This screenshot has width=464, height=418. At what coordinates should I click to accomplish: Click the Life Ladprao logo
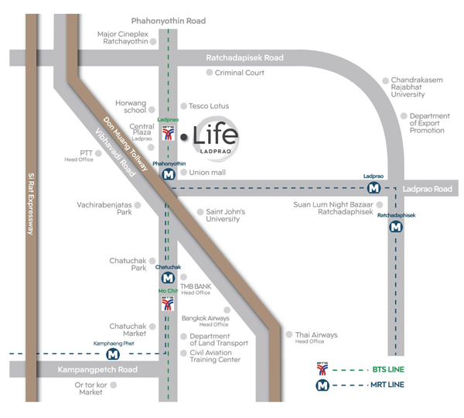216,139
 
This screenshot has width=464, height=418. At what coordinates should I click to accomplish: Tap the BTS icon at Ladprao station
169,132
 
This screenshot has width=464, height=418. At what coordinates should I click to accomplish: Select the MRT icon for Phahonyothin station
169,174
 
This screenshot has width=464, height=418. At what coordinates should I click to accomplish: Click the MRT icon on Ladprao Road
374,188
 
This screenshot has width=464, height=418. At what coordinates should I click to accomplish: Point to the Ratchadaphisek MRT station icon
396,228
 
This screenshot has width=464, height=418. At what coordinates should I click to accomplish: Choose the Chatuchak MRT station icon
168,278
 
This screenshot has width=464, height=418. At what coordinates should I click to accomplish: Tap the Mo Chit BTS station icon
168,303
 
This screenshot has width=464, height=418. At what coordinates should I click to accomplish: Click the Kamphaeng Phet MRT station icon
113,354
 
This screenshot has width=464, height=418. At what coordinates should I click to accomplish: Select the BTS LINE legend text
388,369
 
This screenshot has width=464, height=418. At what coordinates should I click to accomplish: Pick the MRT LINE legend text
387,385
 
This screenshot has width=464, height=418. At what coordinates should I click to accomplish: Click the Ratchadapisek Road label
244,57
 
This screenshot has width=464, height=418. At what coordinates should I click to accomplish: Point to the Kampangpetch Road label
97,369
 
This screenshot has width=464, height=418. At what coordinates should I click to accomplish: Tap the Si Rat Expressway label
31,204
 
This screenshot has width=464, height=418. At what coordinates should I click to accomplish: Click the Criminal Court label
240,73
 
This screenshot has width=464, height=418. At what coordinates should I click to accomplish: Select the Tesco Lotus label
209,106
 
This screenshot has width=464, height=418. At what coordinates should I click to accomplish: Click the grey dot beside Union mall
184,172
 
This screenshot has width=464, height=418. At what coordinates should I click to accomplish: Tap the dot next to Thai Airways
289,334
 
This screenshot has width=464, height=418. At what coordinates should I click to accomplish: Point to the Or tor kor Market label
90,389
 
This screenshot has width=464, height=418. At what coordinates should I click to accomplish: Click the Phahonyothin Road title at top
169,21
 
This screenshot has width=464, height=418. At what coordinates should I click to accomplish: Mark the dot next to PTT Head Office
98,153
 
